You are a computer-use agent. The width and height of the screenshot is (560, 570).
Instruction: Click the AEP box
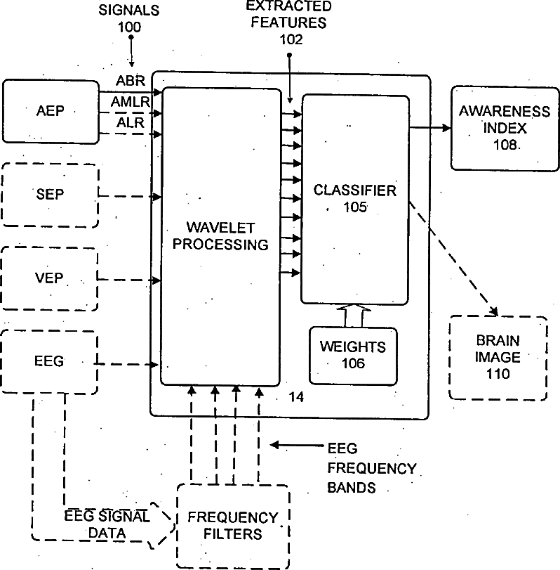(x=51, y=112)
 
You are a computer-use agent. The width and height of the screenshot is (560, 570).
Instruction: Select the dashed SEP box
(x=51, y=195)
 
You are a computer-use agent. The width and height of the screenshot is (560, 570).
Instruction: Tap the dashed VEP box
(x=51, y=278)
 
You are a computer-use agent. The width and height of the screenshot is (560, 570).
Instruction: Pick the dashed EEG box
(x=51, y=361)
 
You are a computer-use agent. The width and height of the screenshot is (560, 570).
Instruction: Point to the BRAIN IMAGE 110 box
(x=498, y=357)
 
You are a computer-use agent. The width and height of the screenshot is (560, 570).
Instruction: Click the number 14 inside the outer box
(x=296, y=398)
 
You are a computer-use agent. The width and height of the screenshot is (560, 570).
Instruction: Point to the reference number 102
(x=291, y=39)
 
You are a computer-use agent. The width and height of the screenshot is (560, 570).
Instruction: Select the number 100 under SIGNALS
(x=130, y=27)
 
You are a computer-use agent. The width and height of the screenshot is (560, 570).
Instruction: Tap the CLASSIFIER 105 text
(x=355, y=198)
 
